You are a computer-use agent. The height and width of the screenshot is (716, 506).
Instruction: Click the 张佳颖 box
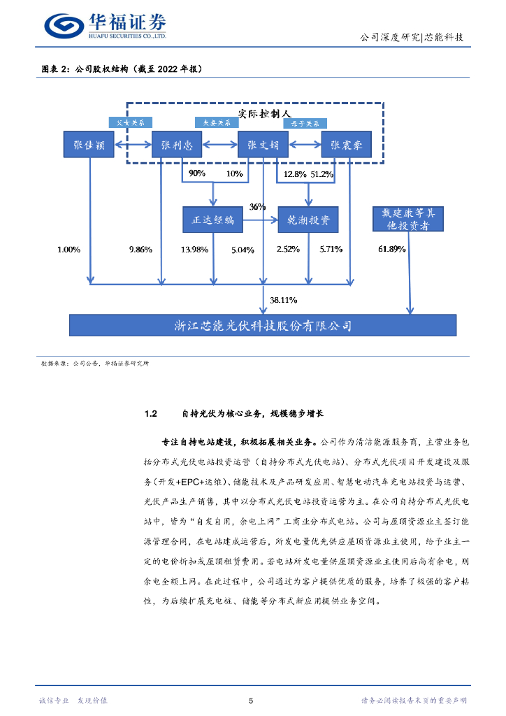click(88, 146)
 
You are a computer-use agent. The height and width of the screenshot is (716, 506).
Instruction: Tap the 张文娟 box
click(263, 146)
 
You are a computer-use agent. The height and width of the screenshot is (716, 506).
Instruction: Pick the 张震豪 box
click(347, 146)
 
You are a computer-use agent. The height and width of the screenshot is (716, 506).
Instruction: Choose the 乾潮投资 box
click(308, 220)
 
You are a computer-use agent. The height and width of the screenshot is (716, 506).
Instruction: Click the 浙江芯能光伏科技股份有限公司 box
click(263, 325)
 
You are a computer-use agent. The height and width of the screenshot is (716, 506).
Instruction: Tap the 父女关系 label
click(131, 122)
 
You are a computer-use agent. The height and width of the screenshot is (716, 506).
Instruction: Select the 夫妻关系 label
click(217, 122)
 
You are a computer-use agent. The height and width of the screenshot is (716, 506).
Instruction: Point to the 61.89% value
click(392, 249)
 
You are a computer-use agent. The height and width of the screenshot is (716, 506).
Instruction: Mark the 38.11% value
click(284, 300)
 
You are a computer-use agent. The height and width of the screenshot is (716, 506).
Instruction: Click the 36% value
click(258, 207)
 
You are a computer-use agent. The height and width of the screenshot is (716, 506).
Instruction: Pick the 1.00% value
click(68, 249)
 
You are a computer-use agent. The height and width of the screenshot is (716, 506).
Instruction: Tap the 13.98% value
click(194, 250)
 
